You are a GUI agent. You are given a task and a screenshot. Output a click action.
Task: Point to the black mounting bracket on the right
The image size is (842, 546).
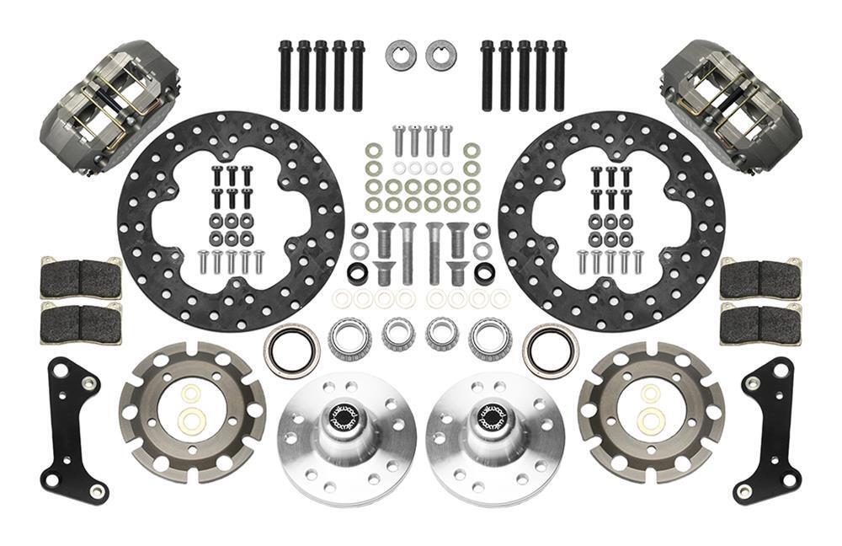(x=767, y=429)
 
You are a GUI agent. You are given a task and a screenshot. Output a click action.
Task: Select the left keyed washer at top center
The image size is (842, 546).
(x=401, y=56)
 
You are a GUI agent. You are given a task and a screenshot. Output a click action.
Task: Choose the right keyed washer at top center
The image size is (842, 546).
(x=440, y=56)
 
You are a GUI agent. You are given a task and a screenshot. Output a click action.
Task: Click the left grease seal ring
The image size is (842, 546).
(x=291, y=350)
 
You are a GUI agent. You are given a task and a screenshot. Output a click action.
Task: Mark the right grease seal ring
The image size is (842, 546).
(x=551, y=350)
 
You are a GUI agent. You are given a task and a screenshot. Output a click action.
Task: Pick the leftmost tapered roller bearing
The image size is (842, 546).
(x=349, y=339)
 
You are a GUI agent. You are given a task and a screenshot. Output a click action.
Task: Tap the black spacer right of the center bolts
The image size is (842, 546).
(x=484, y=274)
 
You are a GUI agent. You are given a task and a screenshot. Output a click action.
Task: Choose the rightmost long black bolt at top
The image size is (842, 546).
(x=559, y=76)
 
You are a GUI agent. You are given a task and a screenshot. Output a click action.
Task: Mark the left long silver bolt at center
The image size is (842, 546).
(x=408, y=253)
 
